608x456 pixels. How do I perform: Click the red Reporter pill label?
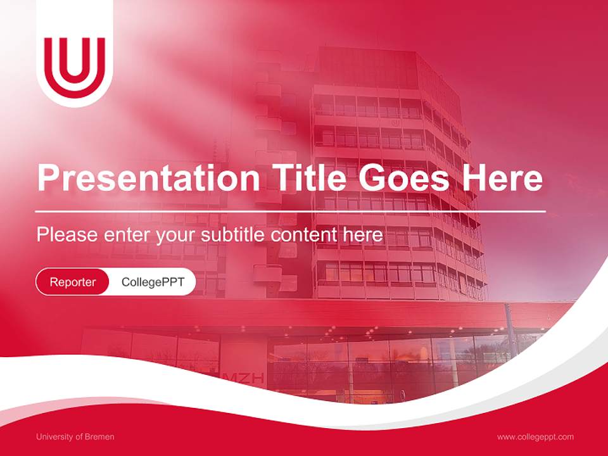coord(73,282)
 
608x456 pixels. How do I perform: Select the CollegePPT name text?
coord(153,282)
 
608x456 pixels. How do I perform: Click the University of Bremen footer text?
coord(75,437)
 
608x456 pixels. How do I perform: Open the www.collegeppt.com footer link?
coord(535,437)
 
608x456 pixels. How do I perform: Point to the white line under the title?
coord(291,211)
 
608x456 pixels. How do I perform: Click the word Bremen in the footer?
coord(100,437)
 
